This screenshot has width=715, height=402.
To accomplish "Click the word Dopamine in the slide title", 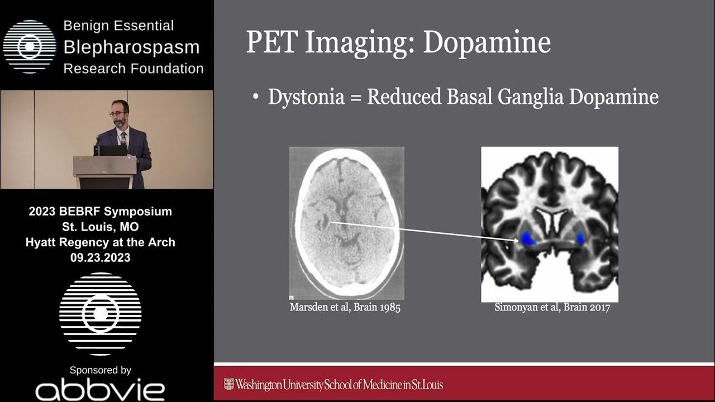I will point(487,43).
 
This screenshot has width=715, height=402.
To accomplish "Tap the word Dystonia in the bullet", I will point(306,97).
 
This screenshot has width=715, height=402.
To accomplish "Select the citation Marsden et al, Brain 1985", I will point(345,308).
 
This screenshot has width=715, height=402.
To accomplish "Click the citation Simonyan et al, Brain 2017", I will point(552,308).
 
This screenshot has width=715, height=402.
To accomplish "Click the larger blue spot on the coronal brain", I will point(528,240).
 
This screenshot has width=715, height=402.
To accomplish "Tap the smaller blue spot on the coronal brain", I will point(580,238).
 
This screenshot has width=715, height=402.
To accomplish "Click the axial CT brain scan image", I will point(346,223).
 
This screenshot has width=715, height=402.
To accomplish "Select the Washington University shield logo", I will point(228,384).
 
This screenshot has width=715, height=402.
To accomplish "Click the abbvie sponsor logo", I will point(100,390).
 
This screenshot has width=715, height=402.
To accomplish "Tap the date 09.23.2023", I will point(101,257).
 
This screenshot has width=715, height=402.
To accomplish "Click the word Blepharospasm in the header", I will point(131,47).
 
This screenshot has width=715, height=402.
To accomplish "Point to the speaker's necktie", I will point(123,139).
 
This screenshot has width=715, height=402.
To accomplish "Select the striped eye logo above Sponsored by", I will point(101,313).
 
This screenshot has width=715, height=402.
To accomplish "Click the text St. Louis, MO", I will point(101,227).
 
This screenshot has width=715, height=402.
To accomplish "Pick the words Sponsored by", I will point(101,370).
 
